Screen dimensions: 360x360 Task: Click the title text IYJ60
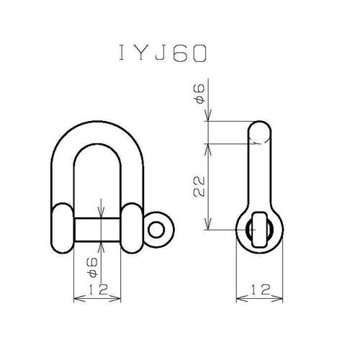pos(163,53)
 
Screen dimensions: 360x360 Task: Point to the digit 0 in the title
pos(199,53)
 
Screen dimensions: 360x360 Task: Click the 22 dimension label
pos(199,186)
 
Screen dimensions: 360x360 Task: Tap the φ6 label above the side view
pos(199,94)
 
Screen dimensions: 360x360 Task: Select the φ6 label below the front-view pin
pos(93,267)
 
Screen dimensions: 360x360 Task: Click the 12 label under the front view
pos(99,289)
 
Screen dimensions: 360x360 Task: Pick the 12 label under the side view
pos(261,289)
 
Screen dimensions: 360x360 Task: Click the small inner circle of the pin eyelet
pos(156,230)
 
